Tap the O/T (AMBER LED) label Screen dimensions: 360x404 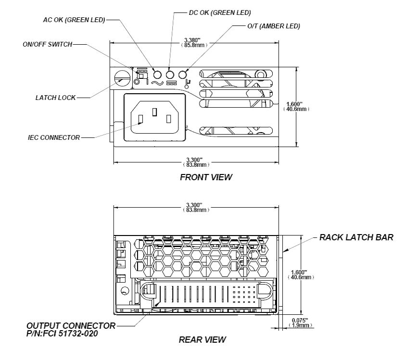(271, 26)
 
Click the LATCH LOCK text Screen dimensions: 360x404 (55, 98)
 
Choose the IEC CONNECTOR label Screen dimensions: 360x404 (53, 137)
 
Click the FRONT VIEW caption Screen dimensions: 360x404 (205, 177)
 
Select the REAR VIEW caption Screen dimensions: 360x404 (202, 340)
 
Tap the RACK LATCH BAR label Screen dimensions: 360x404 (356, 237)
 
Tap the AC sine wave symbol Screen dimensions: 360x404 (157, 83)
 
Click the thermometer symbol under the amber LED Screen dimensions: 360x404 (183, 84)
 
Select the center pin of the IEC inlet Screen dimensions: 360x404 (154, 112)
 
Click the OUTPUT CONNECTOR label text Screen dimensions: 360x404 (71, 325)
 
